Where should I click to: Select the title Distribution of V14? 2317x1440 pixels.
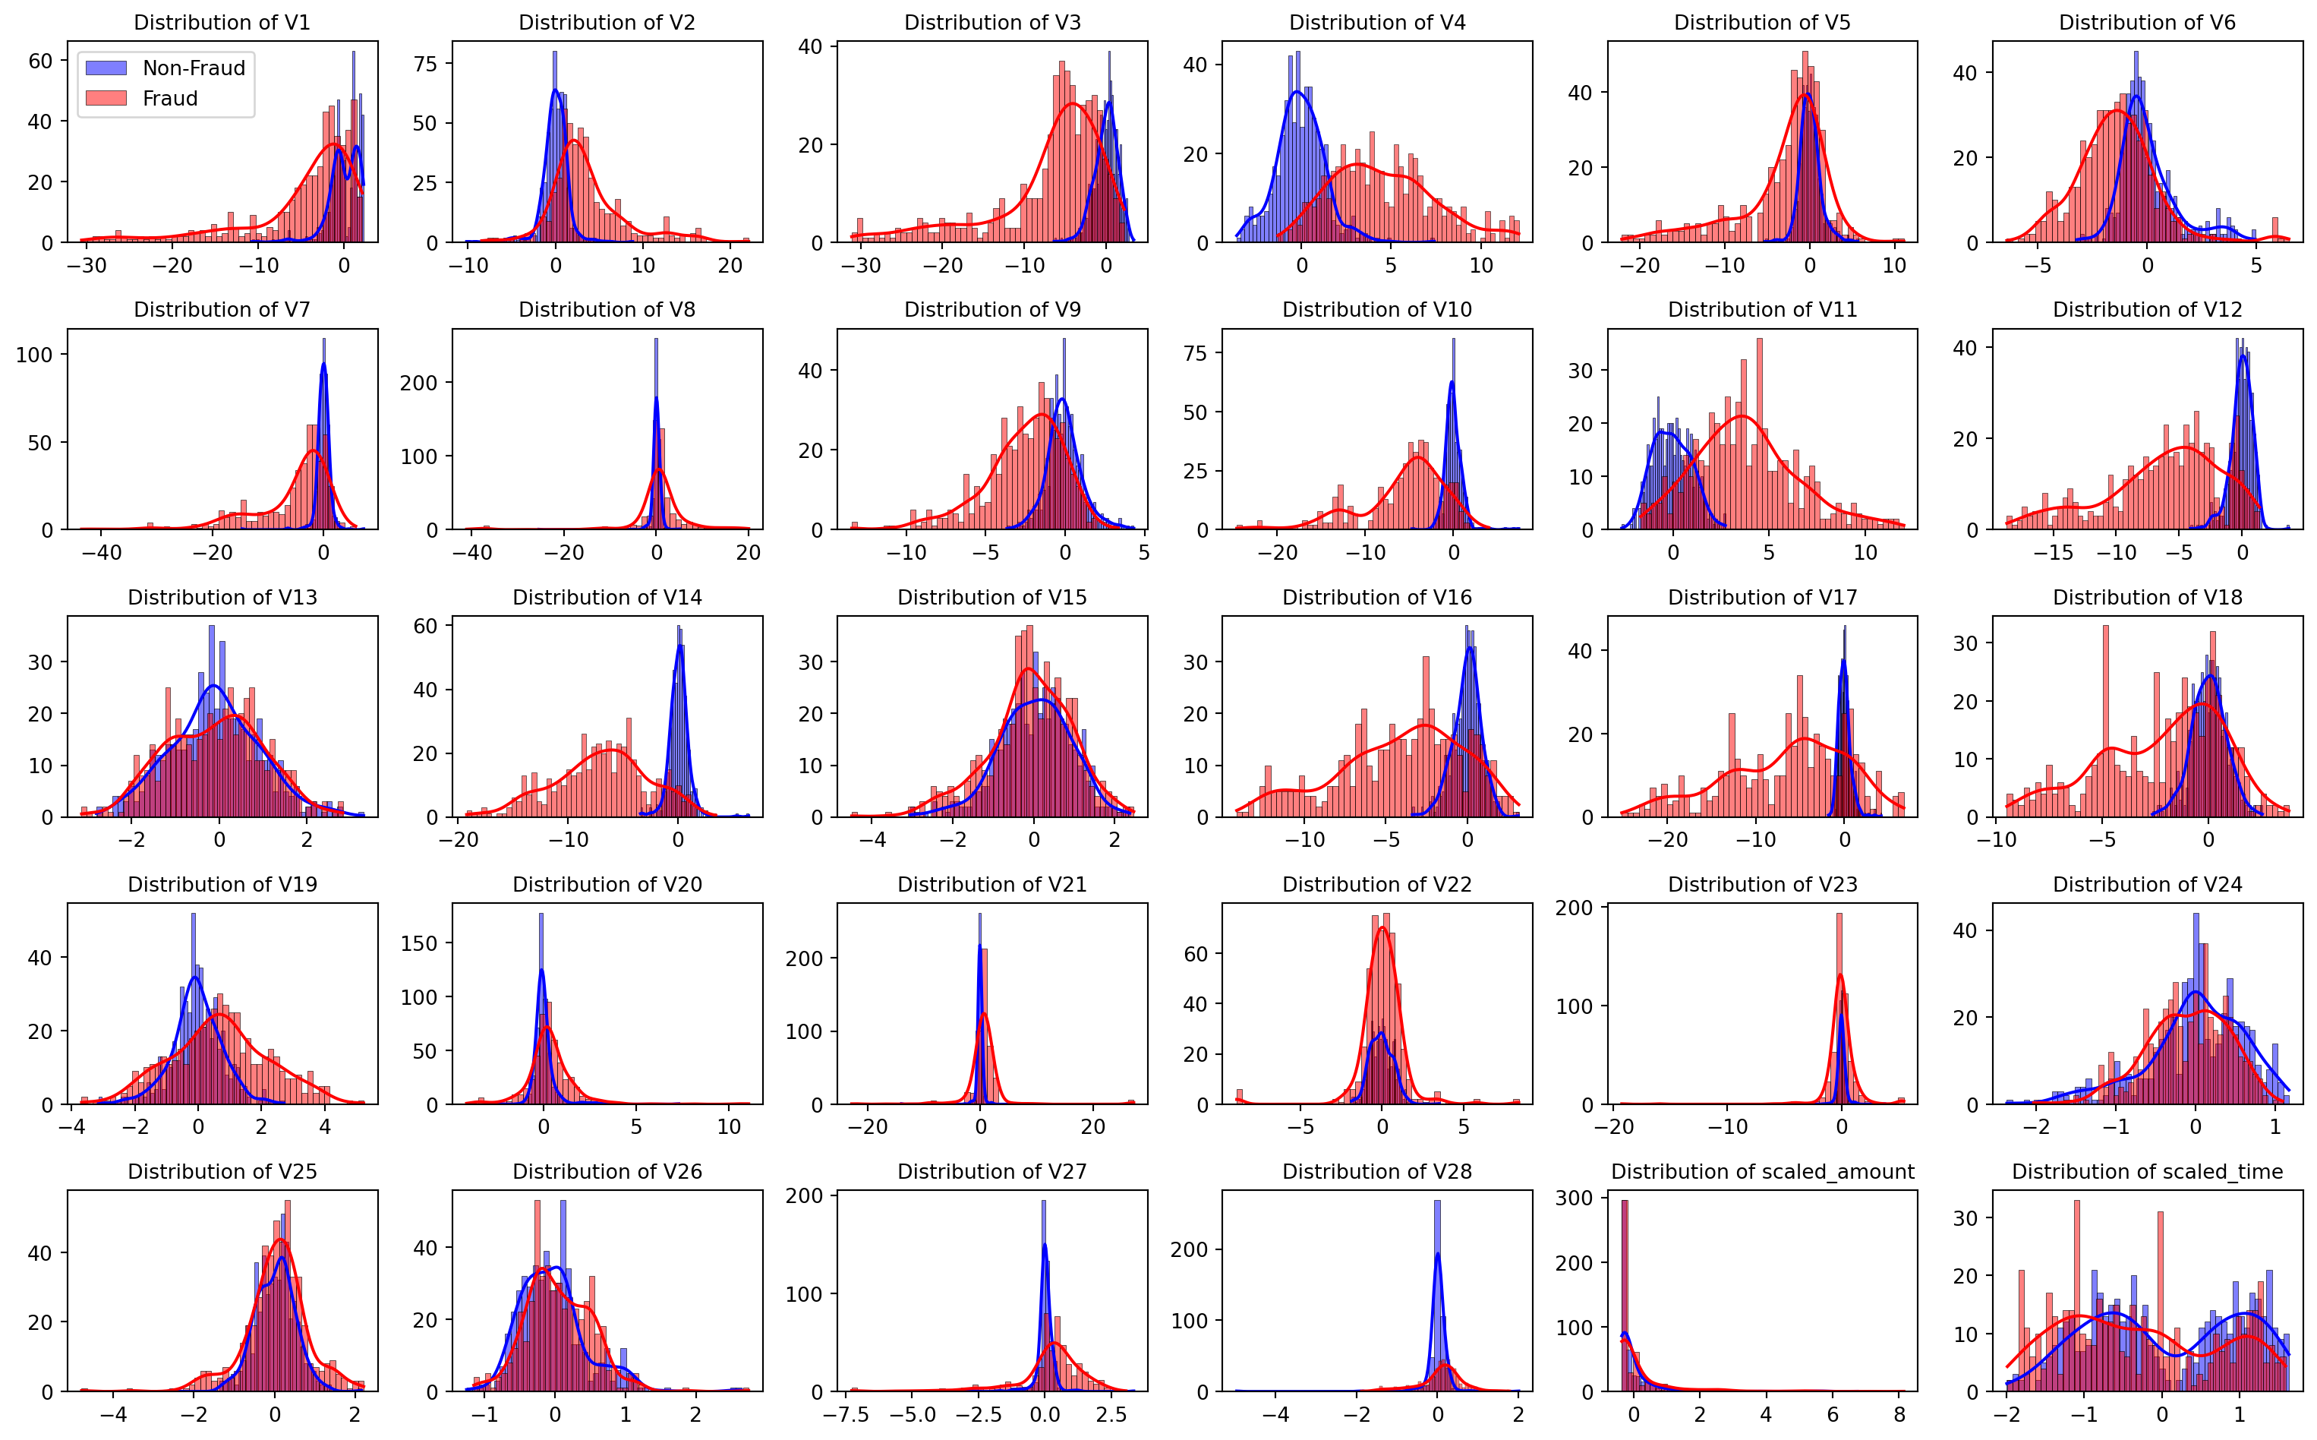click(607, 597)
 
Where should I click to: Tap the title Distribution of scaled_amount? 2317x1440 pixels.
click(1762, 1171)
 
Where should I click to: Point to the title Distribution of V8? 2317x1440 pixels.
click(607, 310)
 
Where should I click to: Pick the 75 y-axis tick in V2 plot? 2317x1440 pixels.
click(425, 64)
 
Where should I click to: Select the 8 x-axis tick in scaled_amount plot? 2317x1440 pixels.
click(1899, 1414)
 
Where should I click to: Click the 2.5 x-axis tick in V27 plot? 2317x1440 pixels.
click(1112, 1414)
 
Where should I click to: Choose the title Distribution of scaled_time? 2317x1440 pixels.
click(2148, 1171)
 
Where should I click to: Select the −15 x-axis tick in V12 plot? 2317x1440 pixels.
click(2054, 552)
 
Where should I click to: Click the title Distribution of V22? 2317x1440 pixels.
click(1376, 885)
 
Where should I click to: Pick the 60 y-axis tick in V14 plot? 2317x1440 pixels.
click(425, 626)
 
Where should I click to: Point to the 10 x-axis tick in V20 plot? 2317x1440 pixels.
click(728, 1126)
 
